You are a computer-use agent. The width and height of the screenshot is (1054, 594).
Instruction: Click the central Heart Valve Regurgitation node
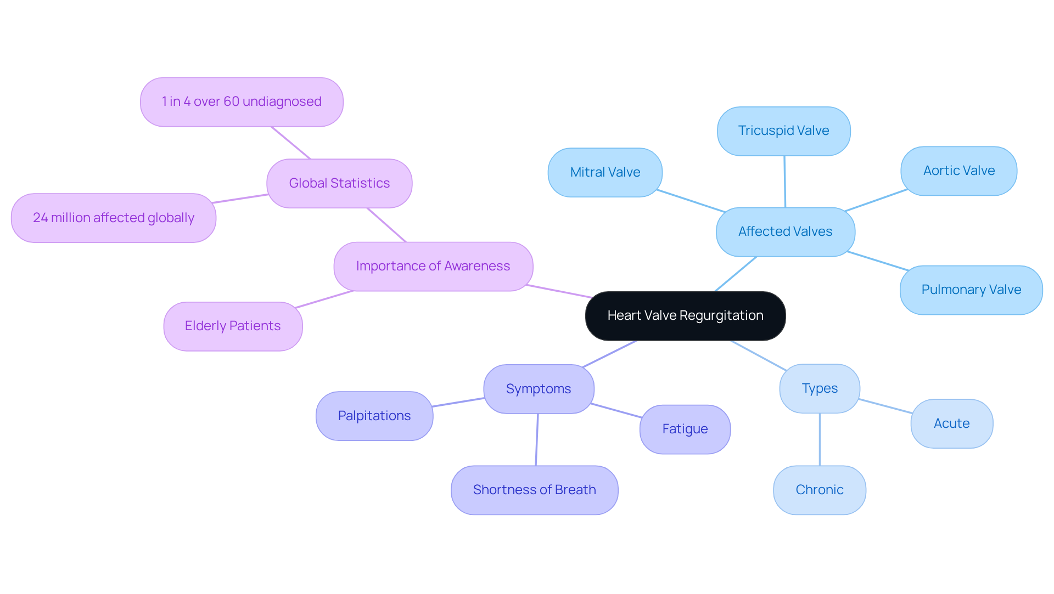[685, 316]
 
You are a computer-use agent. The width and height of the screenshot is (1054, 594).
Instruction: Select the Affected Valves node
[785, 232]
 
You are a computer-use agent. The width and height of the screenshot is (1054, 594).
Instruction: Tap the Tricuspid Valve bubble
[783, 131]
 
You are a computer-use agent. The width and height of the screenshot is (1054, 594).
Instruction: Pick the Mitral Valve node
[605, 172]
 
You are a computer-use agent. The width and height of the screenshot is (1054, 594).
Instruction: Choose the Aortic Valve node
[958, 171]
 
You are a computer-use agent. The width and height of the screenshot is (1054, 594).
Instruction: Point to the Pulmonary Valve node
[971, 290]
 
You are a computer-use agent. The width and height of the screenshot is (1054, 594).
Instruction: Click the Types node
[819, 389]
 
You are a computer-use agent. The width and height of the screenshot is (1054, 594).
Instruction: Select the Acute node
[951, 424]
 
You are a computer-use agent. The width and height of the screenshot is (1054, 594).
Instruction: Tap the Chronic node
[819, 490]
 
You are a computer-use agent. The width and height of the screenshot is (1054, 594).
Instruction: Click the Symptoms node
[539, 389]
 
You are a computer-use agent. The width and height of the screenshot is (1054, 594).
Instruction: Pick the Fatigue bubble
[685, 429]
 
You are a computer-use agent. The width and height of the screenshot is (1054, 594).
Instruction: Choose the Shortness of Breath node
[534, 490]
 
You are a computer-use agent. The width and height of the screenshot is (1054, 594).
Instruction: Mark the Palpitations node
[374, 416]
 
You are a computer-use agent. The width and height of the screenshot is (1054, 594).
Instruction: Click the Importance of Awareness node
[433, 267]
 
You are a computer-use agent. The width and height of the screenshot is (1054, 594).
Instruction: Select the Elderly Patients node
[233, 326]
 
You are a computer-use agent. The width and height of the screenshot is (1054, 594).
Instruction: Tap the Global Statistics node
[339, 184]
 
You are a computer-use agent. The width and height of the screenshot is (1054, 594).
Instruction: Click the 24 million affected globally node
[114, 218]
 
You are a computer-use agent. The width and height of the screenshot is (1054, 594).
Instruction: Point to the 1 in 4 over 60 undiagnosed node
[242, 102]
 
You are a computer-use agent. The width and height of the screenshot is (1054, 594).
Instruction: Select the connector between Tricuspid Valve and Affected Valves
[784, 182]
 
